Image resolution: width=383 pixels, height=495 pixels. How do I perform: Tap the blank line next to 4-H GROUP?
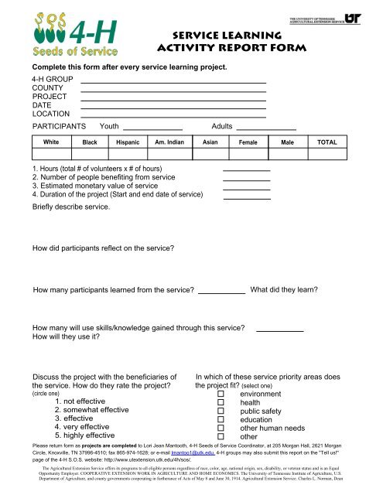[x=173, y=80]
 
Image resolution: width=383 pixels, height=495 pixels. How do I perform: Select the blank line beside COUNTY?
[x=173, y=90]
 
